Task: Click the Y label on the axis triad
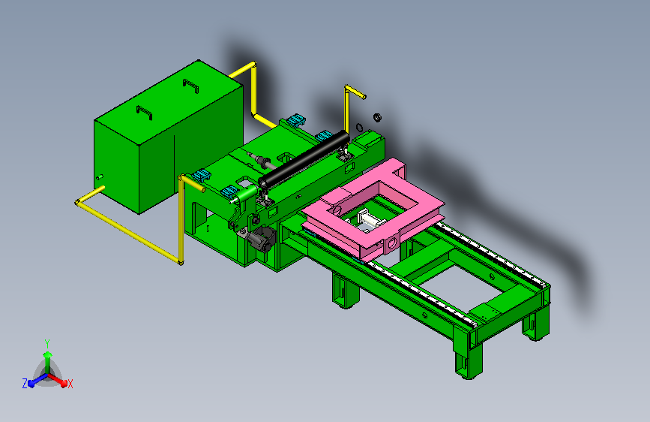pos(47,344)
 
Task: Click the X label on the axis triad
pos(70,384)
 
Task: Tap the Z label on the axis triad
pos(25,384)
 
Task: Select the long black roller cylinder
pos(304,159)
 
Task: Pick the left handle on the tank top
pos(144,112)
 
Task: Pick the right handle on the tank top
pos(190,86)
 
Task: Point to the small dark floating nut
pos(377,118)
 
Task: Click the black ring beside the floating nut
pos(359,127)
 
